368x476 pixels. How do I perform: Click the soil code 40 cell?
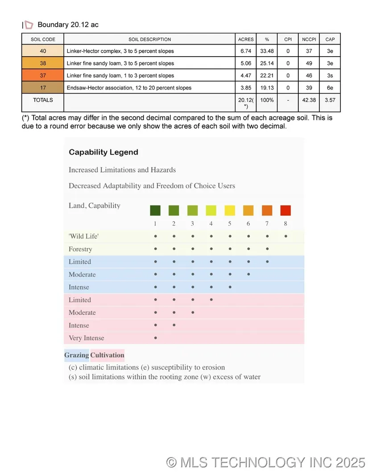coord(43,51)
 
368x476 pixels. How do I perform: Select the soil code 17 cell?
coord(43,88)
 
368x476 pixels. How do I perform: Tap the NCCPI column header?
coord(309,39)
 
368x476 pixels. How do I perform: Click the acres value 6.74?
coord(246,51)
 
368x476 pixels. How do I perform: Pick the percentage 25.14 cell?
coord(267,63)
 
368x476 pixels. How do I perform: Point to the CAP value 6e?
coord(330,88)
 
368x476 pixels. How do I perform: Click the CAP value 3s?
coord(330,76)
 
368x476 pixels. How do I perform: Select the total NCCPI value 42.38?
coord(309,100)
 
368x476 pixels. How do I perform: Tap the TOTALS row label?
coord(43,100)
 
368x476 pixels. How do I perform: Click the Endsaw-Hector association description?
coord(129,88)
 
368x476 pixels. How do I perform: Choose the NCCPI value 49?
coord(309,63)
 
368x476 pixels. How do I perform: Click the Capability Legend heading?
coord(103,152)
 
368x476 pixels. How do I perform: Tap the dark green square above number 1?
coord(155,210)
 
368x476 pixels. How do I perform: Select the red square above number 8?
coord(285,210)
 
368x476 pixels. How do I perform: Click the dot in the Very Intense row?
coord(155,338)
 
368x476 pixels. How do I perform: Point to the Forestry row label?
coord(80,249)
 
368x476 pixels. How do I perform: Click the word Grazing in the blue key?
coord(76,355)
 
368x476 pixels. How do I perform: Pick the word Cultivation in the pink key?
coord(107,355)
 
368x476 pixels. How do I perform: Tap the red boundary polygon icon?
coord(29,25)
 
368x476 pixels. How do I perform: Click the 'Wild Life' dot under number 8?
coord(285,236)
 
